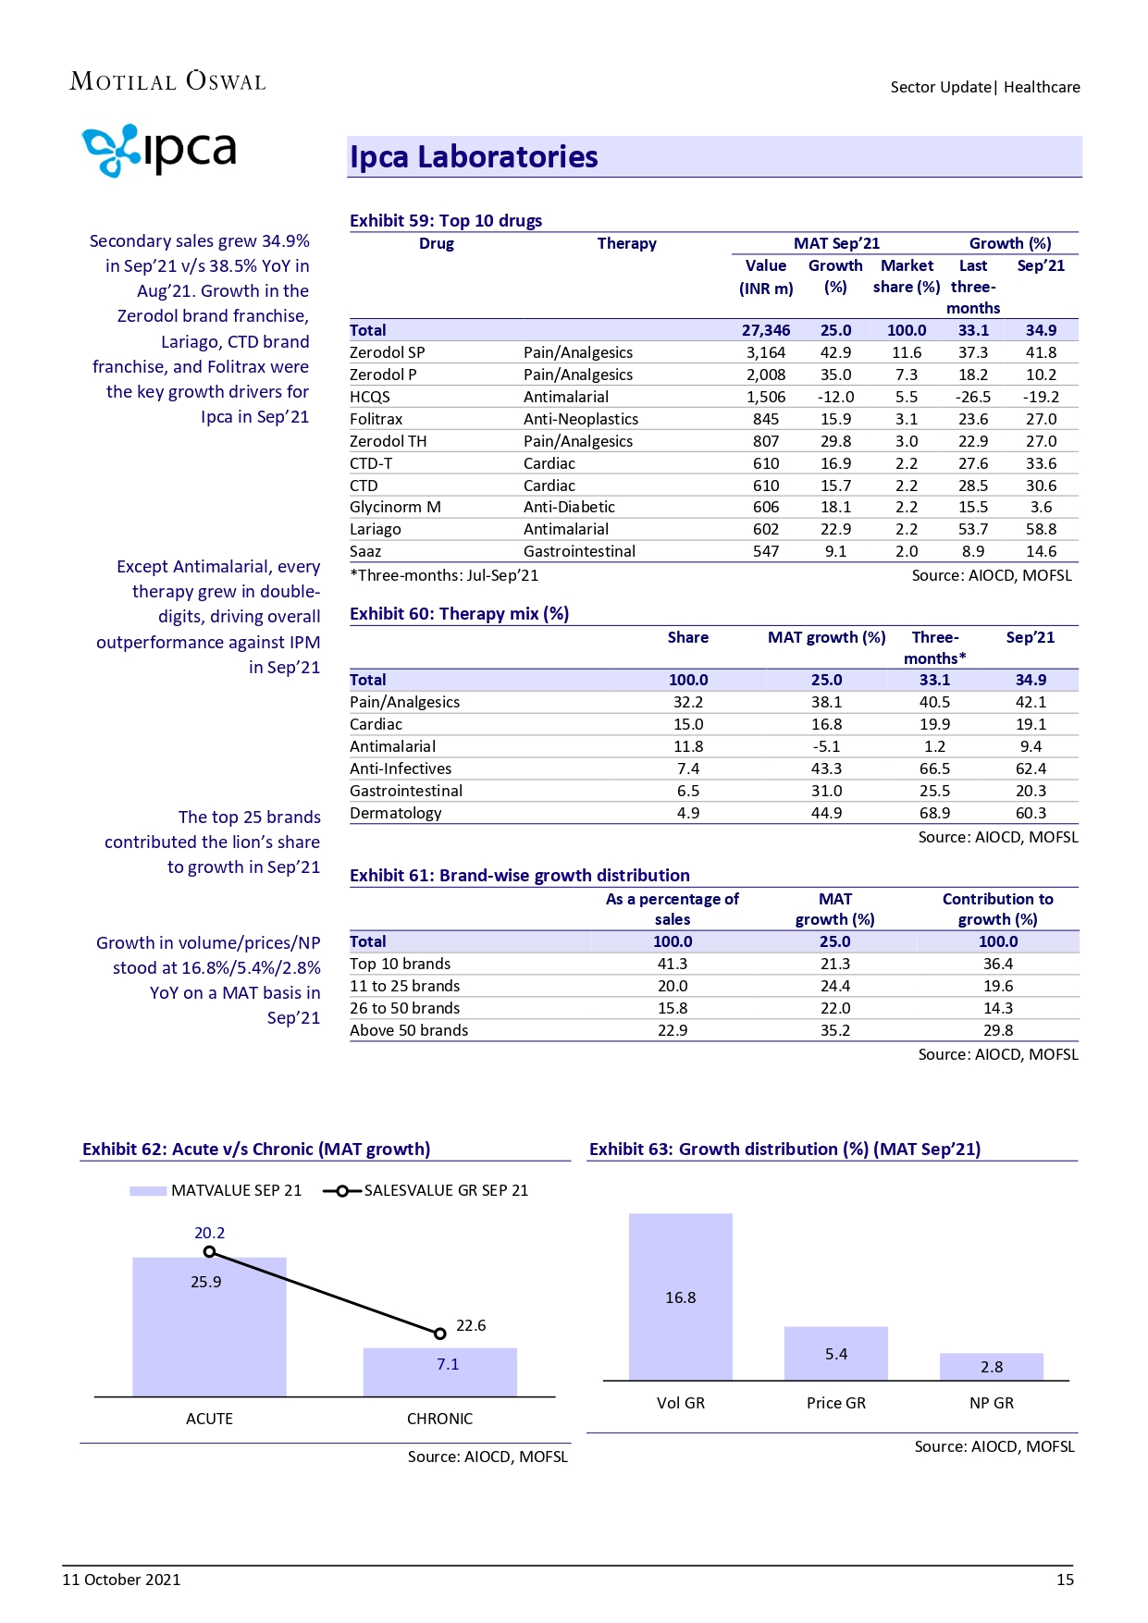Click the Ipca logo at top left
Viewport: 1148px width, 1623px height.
(159, 151)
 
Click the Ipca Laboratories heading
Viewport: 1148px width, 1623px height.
(474, 157)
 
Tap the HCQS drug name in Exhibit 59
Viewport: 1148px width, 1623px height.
(370, 397)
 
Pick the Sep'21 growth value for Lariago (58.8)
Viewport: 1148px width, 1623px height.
(1041, 529)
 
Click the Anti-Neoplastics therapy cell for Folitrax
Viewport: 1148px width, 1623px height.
(580, 419)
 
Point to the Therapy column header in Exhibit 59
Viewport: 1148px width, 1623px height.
(626, 243)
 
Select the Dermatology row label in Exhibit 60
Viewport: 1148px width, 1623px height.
(395, 813)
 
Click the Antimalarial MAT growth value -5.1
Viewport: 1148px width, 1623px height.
(826, 746)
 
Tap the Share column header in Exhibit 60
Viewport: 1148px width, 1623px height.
(687, 637)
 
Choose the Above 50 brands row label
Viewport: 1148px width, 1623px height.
(409, 1030)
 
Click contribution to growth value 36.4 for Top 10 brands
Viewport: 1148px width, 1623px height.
(998, 964)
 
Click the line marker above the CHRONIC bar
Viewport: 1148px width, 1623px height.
(440, 1334)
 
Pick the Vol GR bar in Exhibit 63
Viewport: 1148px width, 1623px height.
(680, 1297)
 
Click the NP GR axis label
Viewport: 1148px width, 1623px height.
(991, 1403)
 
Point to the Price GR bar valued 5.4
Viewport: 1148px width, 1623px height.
(835, 1354)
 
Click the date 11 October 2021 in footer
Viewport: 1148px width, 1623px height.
(121, 1580)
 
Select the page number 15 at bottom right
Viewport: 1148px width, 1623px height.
(1065, 1580)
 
